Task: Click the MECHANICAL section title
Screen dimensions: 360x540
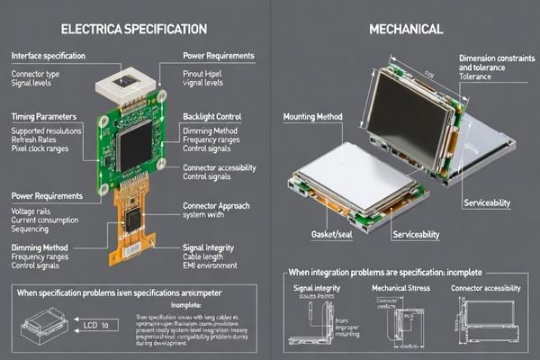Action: tap(406, 30)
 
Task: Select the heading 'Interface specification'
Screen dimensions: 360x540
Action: tap(49, 56)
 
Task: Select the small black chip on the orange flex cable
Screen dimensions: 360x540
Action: tap(132, 220)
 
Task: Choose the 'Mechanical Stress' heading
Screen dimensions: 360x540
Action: tap(405, 289)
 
